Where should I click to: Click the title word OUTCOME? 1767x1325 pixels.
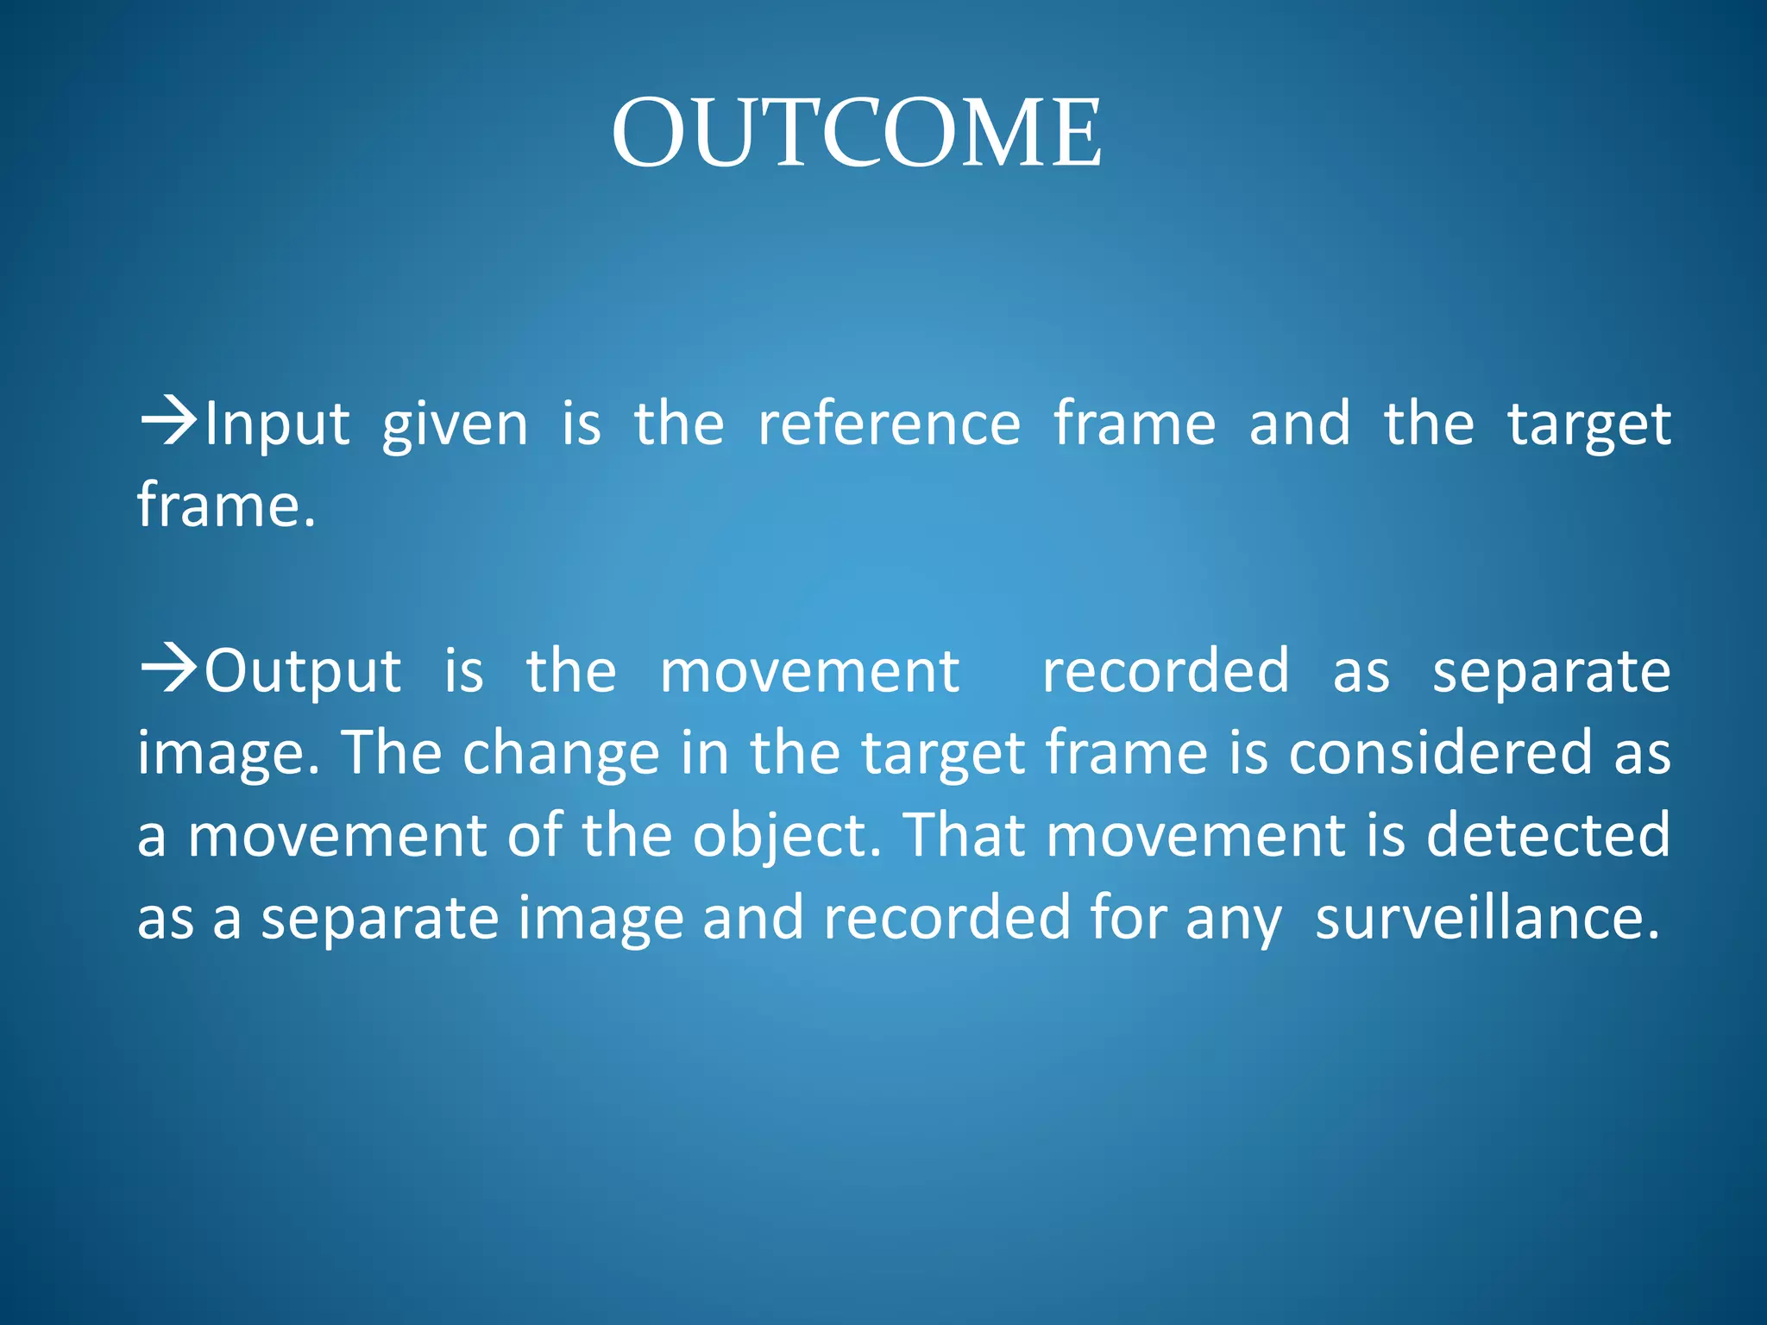point(856,133)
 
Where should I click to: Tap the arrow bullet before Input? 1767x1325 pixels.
point(168,422)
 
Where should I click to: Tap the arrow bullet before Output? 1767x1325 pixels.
point(168,669)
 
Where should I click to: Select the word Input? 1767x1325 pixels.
point(277,424)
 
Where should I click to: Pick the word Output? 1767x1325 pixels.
point(303,671)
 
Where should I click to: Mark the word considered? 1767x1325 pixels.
point(1440,752)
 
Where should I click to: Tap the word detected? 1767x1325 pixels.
point(1548,834)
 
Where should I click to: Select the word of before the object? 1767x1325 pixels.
point(534,834)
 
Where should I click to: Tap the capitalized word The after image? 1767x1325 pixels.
point(393,752)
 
